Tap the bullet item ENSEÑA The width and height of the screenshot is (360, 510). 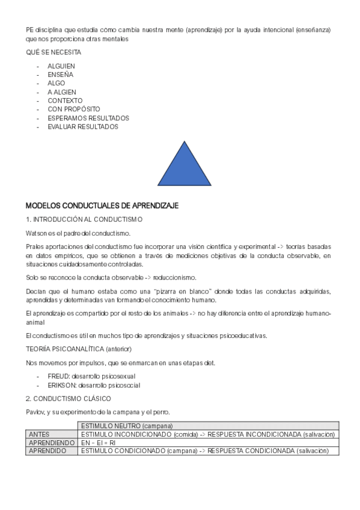[60, 75]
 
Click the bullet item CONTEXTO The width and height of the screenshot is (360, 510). [65, 100]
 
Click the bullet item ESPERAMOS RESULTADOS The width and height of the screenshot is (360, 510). [88, 118]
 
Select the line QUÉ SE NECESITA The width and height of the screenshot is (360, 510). [53, 52]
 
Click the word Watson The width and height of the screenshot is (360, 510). [36, 233]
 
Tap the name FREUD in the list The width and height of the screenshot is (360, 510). [58, 376]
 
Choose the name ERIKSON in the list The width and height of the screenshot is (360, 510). [61, 385]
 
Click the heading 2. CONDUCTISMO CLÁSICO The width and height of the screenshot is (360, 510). [68, 398]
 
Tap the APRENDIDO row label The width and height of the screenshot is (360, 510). [47, 450]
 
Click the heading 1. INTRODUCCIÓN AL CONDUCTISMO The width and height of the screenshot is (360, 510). [84, 220]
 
